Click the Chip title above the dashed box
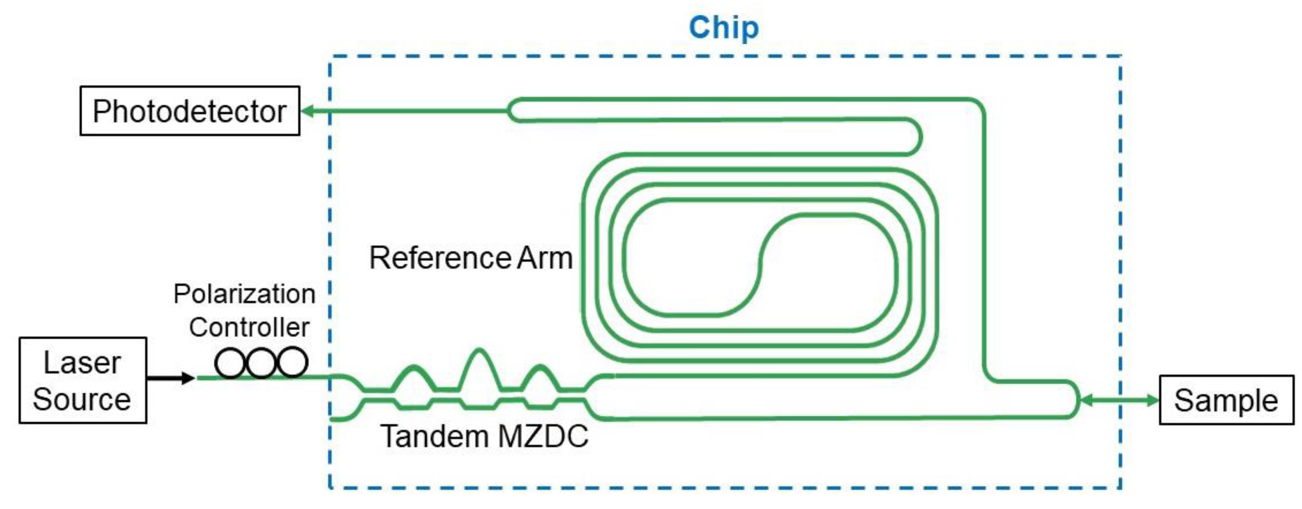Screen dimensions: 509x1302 click(x=723, y=28)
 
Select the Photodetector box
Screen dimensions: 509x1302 click(x=189, y=111)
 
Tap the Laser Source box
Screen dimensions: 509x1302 click(x=83, y=380)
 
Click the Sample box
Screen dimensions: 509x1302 click(x=1226, y=400)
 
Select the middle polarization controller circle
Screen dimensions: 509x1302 click(x=261, y=363)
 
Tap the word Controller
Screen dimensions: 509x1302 click(x=249, y=327)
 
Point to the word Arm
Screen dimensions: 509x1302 click(x=545, y=258)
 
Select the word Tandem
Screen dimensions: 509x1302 click(x=434, y=436)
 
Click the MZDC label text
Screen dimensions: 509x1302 click(x=543, y=436)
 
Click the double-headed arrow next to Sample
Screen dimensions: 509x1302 click(x=1119, y=400)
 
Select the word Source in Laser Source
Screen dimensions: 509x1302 click(x=82, y=399)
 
